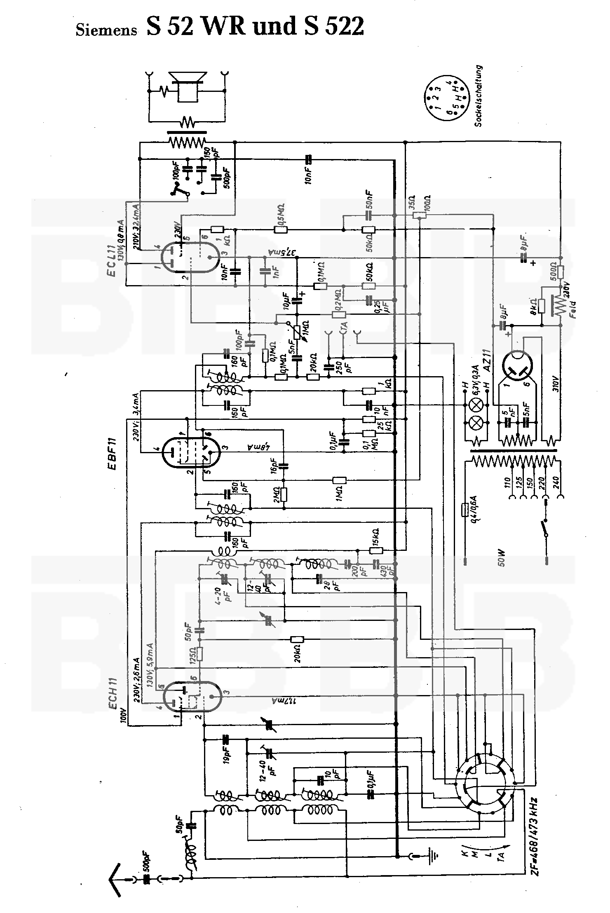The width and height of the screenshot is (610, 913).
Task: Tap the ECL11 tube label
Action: pyautogui.click(x=112, y=260)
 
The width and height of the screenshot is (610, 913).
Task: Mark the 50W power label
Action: pyautogui.click(x=501, y=560)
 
